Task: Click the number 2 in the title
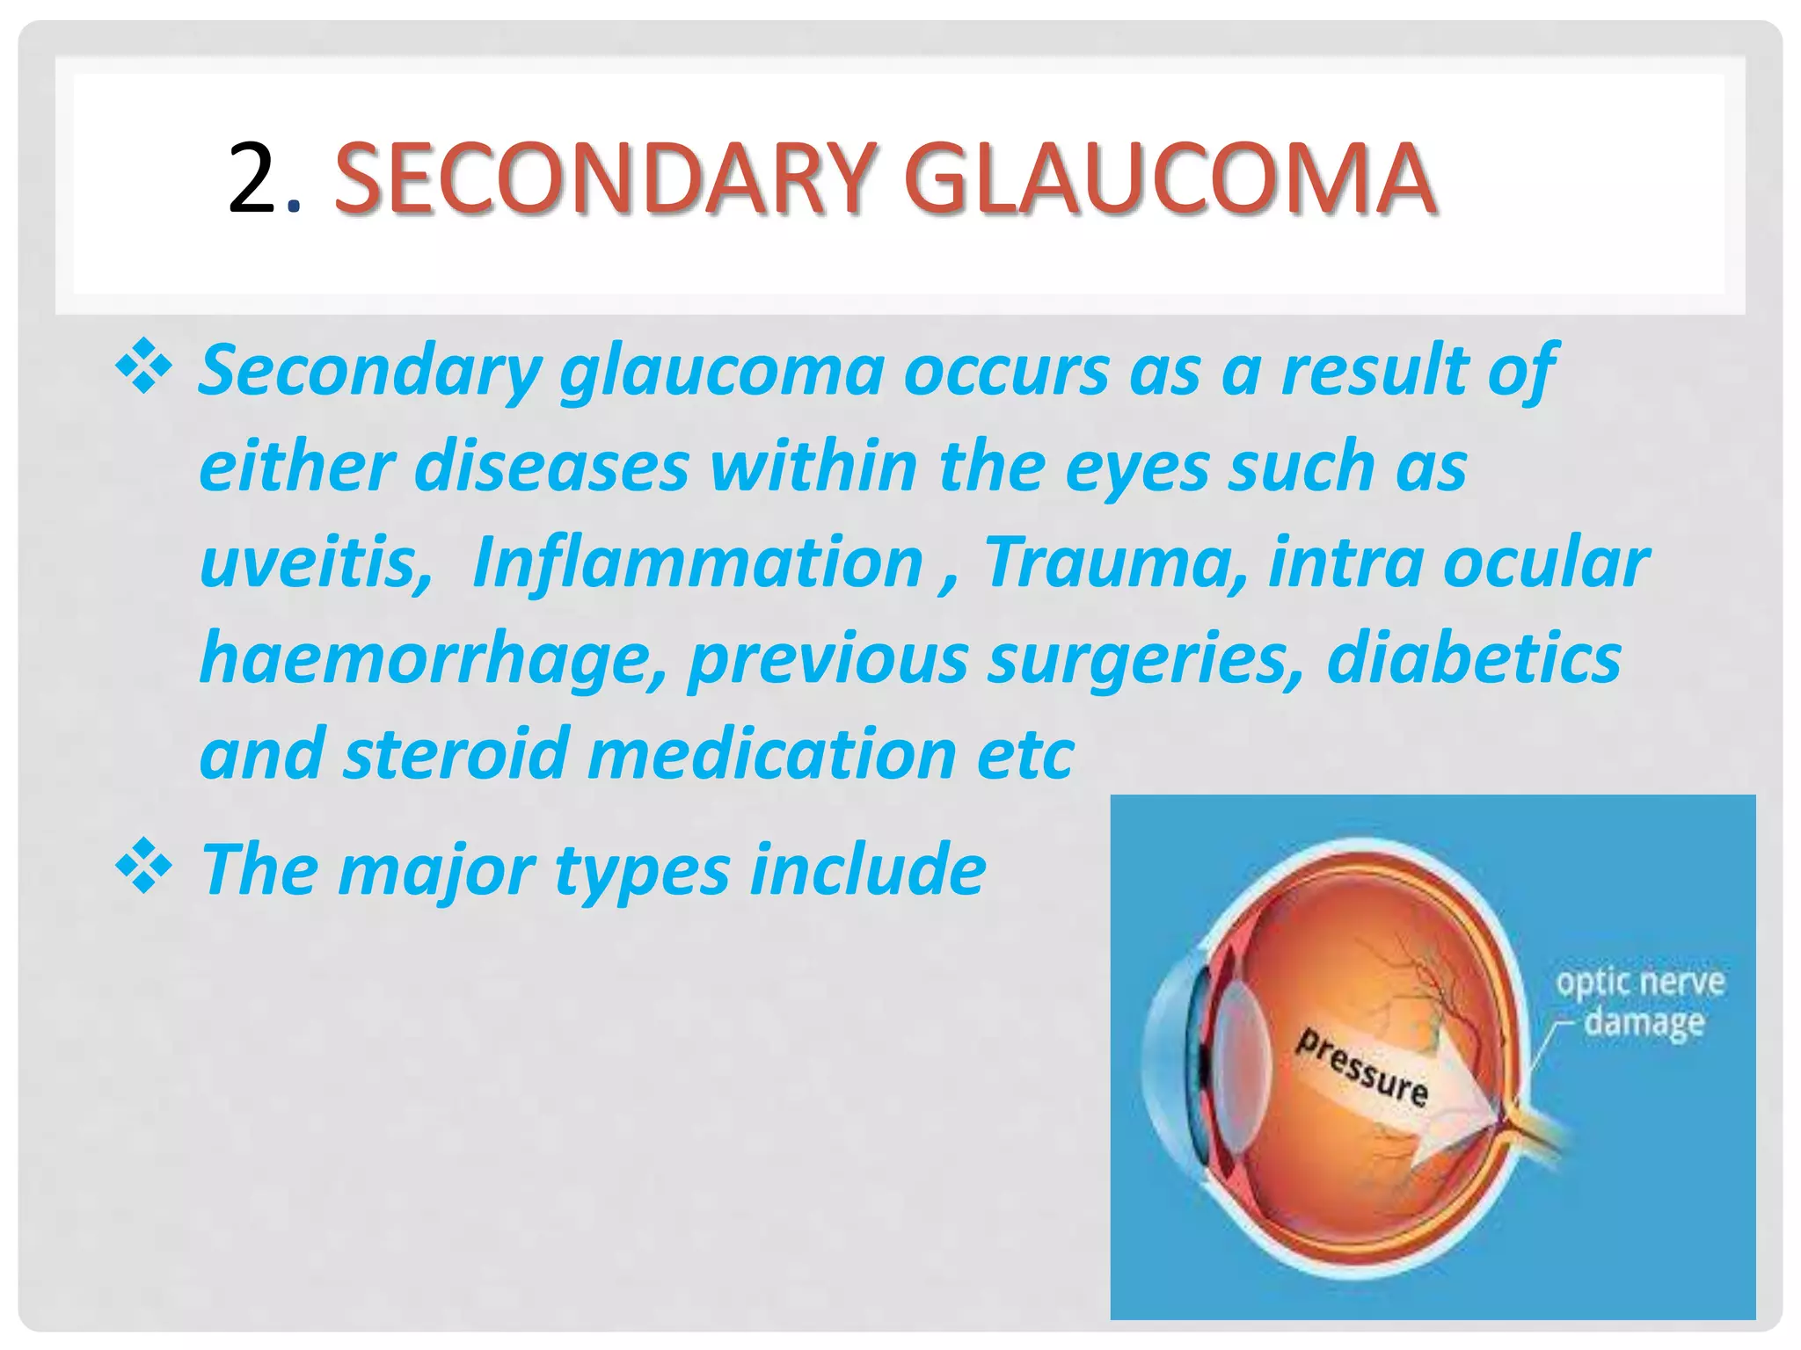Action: tap(252, 180)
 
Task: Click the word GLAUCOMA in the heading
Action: tap(1170, 180)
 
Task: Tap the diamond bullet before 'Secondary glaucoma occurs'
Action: tap(143, 367)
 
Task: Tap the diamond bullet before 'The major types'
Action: tap(143, 867)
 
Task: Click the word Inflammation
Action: tap(697, 562)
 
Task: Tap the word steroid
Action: tap(456, 754)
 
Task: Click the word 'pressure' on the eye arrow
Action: tap(1361, 1067)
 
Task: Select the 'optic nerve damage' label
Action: tap(1641, 1002)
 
